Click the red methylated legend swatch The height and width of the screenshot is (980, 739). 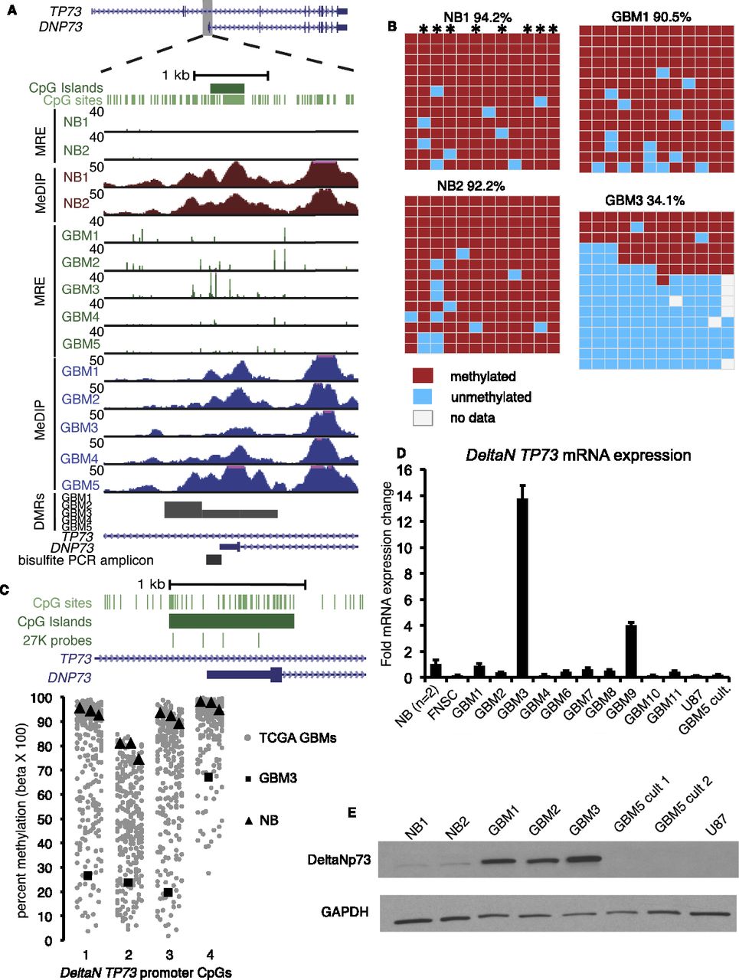(423, 376)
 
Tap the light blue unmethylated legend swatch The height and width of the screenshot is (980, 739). (423, 397)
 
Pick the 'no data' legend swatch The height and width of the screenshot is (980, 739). (423, 417)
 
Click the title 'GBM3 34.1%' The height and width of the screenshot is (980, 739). (645, 201)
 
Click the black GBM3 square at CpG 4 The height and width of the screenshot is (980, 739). (208, 777)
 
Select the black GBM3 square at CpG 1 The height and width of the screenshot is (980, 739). (87, 875)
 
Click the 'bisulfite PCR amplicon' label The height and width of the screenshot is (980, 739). (86, 560)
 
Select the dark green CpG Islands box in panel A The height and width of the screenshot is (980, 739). (227, 88)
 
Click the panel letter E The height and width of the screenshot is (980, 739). (352, 812)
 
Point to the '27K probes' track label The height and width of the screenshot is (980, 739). (57, 640)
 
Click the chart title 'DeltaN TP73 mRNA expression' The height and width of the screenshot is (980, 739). (578, 456)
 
